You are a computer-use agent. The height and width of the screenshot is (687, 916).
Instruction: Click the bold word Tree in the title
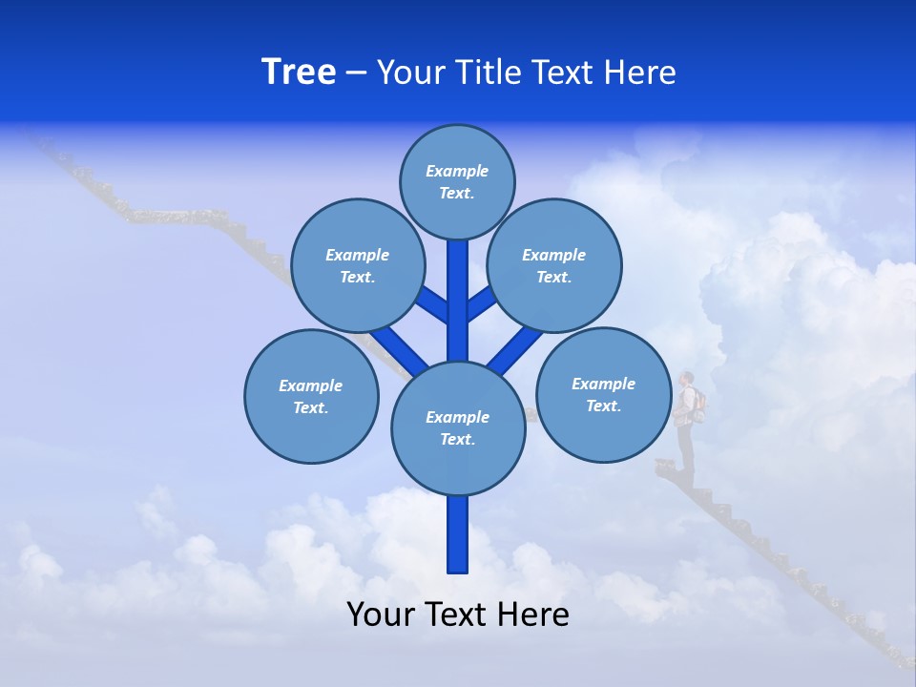pyautogui.click(x=299, y=73)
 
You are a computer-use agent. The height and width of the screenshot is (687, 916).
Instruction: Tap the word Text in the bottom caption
pyautogui.click(x=459, y=614)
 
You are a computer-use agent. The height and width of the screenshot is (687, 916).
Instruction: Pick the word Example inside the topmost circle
pyautogui.click(x=457, y=172)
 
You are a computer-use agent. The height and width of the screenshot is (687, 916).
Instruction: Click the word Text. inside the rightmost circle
pyautogui.click(x=603, y=406)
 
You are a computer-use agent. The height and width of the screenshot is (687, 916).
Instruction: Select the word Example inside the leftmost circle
pyautogui.click(x=310, y=385)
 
